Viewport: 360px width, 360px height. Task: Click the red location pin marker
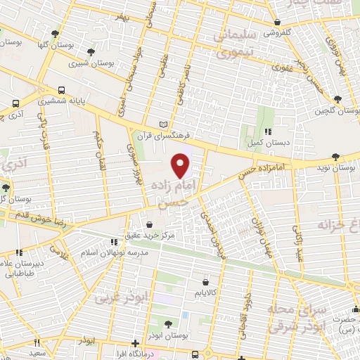[x=181, y=165]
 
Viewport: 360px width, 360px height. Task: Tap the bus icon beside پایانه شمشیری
[x=62, y=91]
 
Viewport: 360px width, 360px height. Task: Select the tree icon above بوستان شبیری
[x=89, y=52]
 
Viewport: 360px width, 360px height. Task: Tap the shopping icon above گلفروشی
[x=278, y=22]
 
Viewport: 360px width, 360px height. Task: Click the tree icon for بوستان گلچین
[x=337, y=100]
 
